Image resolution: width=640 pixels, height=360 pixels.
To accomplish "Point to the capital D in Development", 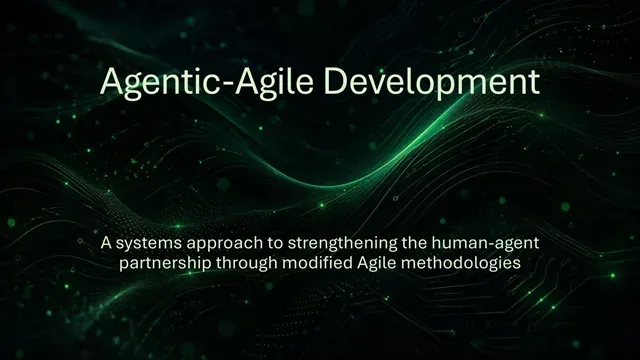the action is (x=335, y=80).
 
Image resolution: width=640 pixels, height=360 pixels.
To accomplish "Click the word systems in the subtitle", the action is (x=149, y=244).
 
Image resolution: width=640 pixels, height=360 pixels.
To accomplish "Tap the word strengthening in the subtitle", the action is (x=343, y=244).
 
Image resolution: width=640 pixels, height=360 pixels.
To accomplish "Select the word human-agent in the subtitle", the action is (x=485, y=244).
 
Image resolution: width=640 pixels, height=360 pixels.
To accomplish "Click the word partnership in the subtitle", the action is (x=165, y=264).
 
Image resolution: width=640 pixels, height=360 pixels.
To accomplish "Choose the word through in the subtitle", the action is (x=247, y=264).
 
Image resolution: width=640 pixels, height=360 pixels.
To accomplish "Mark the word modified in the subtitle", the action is (x=317, y=262).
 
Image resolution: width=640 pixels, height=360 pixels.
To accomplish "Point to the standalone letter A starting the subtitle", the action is (x=106, y=243).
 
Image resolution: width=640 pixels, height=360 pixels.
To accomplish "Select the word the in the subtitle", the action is (x=414, y=242).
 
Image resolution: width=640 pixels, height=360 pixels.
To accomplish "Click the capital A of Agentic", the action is (x=111, y=81).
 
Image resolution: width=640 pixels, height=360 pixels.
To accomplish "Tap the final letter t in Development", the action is (x=534, y=83).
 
